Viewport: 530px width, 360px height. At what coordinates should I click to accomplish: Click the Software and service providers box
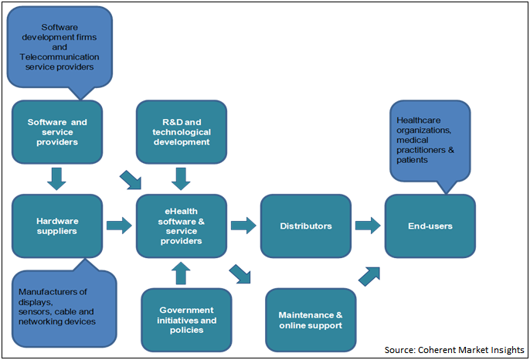pos(57,132)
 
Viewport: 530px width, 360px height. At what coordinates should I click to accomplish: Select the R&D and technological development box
pos(181,132)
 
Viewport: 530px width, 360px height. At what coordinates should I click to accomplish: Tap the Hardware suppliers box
pos(57,226)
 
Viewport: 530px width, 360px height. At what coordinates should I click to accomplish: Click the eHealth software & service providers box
pos(181,226)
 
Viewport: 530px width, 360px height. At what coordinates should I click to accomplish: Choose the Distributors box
pos(306,226)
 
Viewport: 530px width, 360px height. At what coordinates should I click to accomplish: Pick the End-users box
pos(430,226)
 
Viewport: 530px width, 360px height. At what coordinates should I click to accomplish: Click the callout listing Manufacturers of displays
pos(64,304)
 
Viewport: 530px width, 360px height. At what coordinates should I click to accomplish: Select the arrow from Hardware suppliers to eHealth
pos(119,226)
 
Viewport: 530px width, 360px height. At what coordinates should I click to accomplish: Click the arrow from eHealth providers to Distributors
pos(243,226)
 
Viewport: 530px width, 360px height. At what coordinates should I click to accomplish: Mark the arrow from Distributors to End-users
pos(367,226)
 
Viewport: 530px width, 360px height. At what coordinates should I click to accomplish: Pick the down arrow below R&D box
pos(181,178)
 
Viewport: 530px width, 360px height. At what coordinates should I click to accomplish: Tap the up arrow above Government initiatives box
pos(181,273)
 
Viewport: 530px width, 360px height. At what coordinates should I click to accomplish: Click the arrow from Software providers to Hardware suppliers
pos(56,178)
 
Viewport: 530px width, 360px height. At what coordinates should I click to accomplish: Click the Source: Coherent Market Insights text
pos(457,349)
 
